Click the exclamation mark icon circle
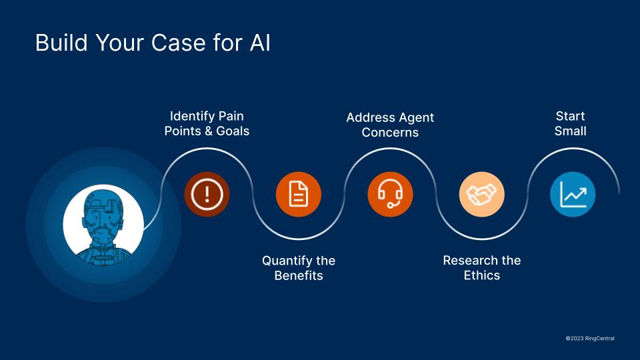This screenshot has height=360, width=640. pyautogui.click(x=207, y=195)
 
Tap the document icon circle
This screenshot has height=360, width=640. pyautogui.click(x=299, y=195)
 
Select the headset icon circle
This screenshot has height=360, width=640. pyautogui.click(x=390, y=195)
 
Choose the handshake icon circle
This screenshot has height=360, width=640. pyautogui.click(x=481, y=195)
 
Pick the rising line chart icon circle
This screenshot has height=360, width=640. pyautogui.click(x=573, y=195)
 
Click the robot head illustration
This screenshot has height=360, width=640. pyautogui.click(x=103, y=225)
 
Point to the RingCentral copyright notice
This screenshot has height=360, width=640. pyautogui.click(x=589, y=339)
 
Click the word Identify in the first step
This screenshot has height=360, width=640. pyautogui.click(x=192, y=116)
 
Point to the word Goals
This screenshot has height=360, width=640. pyautogui.click(x=232, y=131)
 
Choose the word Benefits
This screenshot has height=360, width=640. pyautogui.click(x=299, y=275)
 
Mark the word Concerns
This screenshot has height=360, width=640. pyautogui.click(x=390, y=132)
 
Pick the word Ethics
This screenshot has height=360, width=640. pyautogui.click(x=481, y=275)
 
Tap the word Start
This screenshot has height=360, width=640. pyautogui.click(x=570, y=116)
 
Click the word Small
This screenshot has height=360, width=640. pyautogui.click(x=570, y=131)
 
